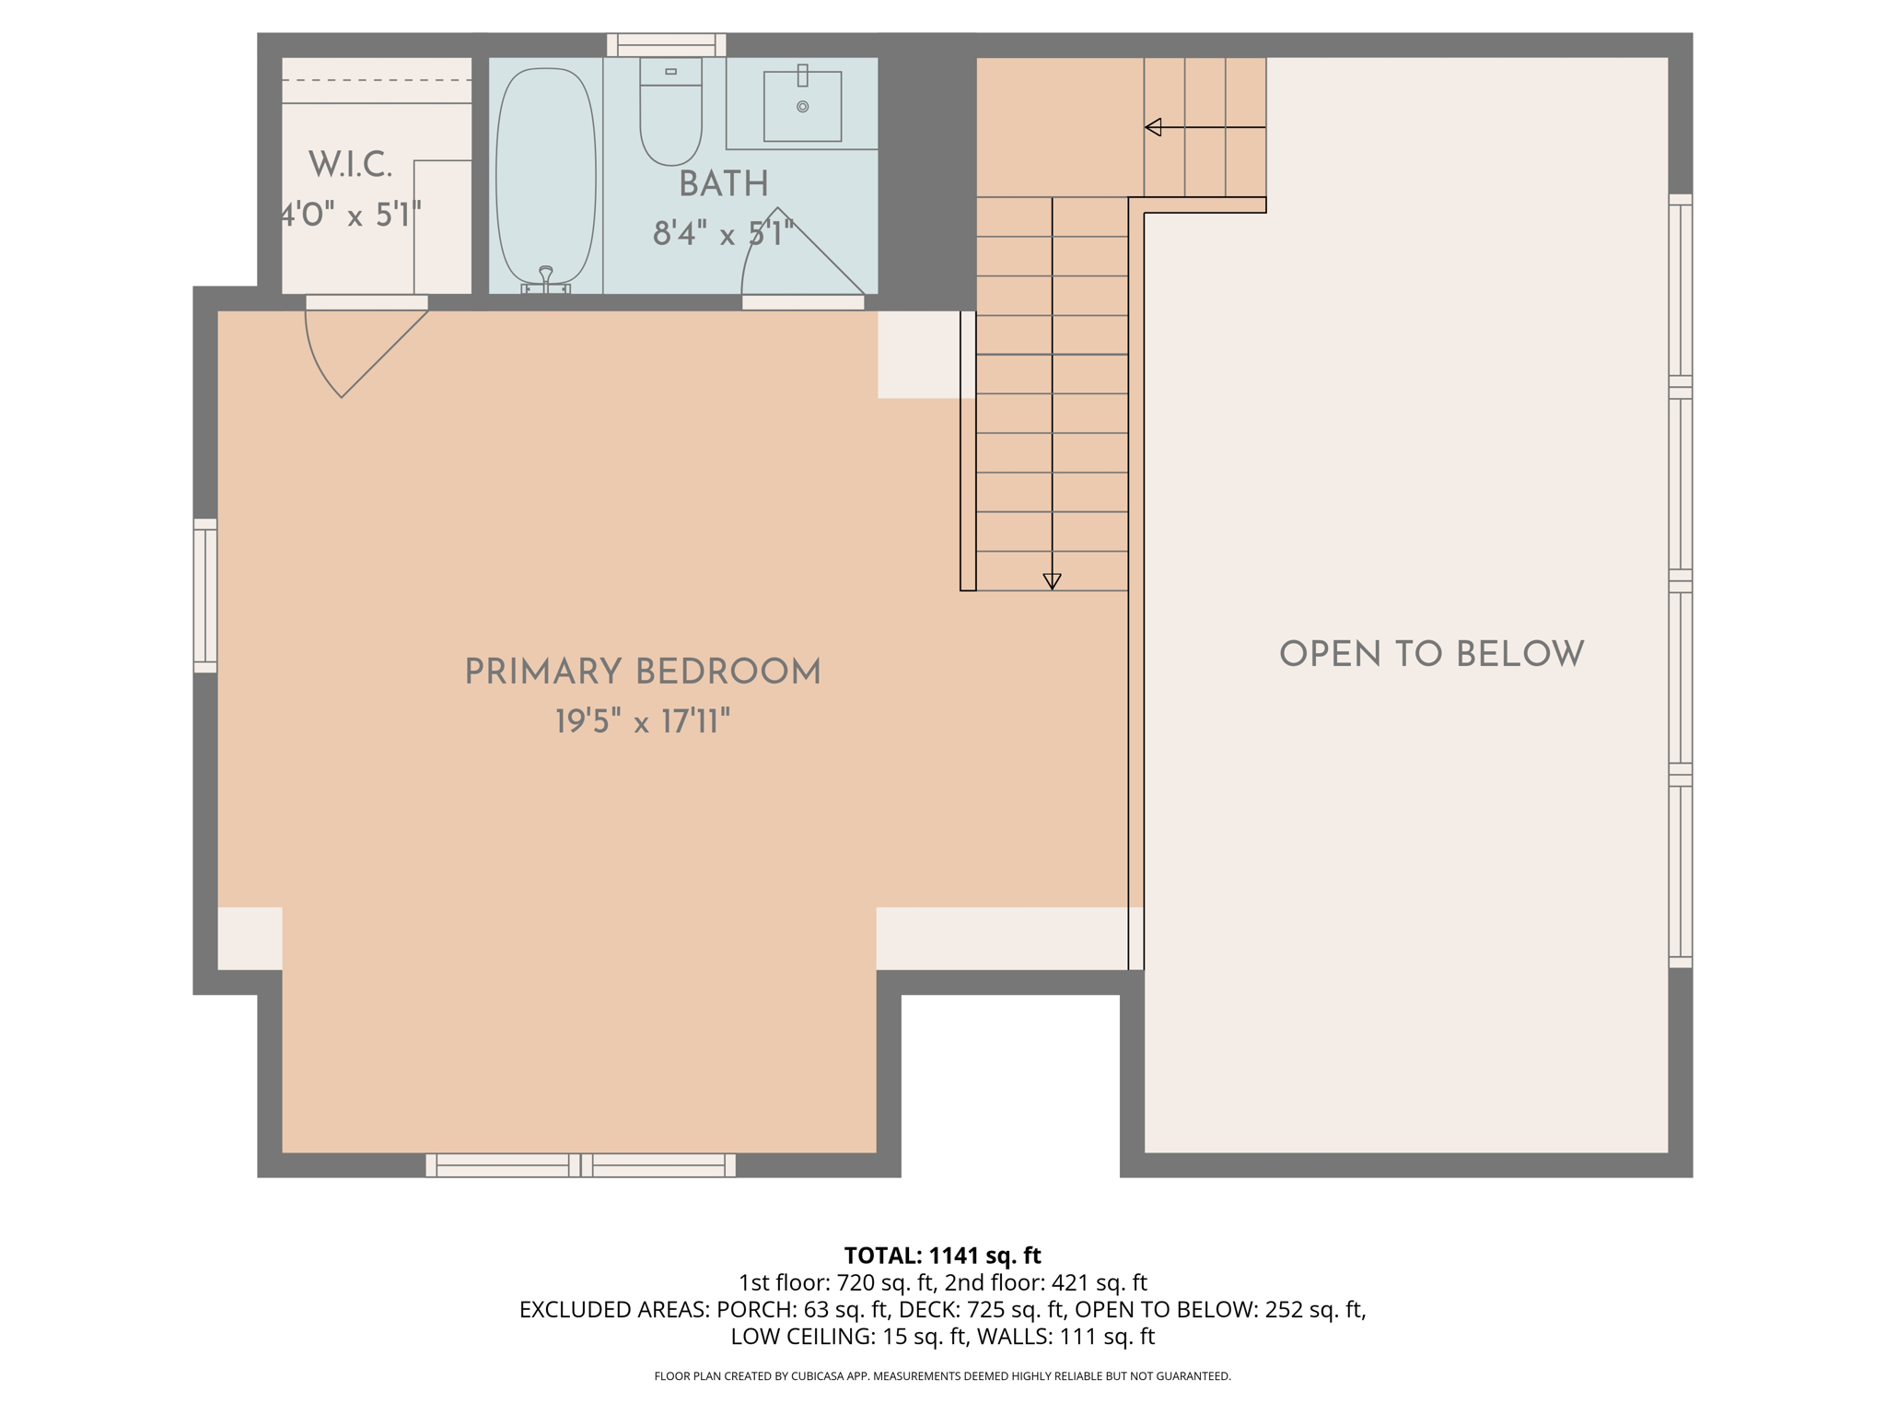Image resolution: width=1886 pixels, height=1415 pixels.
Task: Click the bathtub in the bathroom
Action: (x=545, y=175)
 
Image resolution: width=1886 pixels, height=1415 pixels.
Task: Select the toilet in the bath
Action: (x=670, y=115)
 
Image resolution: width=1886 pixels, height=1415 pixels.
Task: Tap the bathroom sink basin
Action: (x=802, y=107)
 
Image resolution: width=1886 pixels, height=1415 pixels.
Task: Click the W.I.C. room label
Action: (x=350, y=166)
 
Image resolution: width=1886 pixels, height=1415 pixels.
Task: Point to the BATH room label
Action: (x=723, y=184)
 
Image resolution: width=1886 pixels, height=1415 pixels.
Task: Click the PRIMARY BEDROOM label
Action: (x=642, y=672)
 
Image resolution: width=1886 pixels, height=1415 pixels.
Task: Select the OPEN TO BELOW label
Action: (x=1431, y=654)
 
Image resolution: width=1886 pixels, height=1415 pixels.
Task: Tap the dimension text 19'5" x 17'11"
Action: (x=642, y=721)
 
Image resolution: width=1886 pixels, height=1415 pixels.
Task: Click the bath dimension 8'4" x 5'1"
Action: (x=723, y=234)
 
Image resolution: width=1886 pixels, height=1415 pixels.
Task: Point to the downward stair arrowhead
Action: (x=1052, y=581)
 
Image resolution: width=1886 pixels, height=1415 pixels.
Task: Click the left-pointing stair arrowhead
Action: (x=1153, y=127)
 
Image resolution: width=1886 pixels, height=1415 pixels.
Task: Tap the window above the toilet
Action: (x=666, y=44)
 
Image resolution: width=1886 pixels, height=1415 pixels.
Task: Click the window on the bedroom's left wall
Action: (x=204, y=595)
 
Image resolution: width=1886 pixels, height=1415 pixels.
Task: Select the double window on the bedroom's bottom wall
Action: (x=580, y=1164)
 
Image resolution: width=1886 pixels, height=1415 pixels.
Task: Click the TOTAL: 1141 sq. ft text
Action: (x=942, y=1256)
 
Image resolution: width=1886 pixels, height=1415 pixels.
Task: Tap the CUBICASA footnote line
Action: (x=942, y=1376)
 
